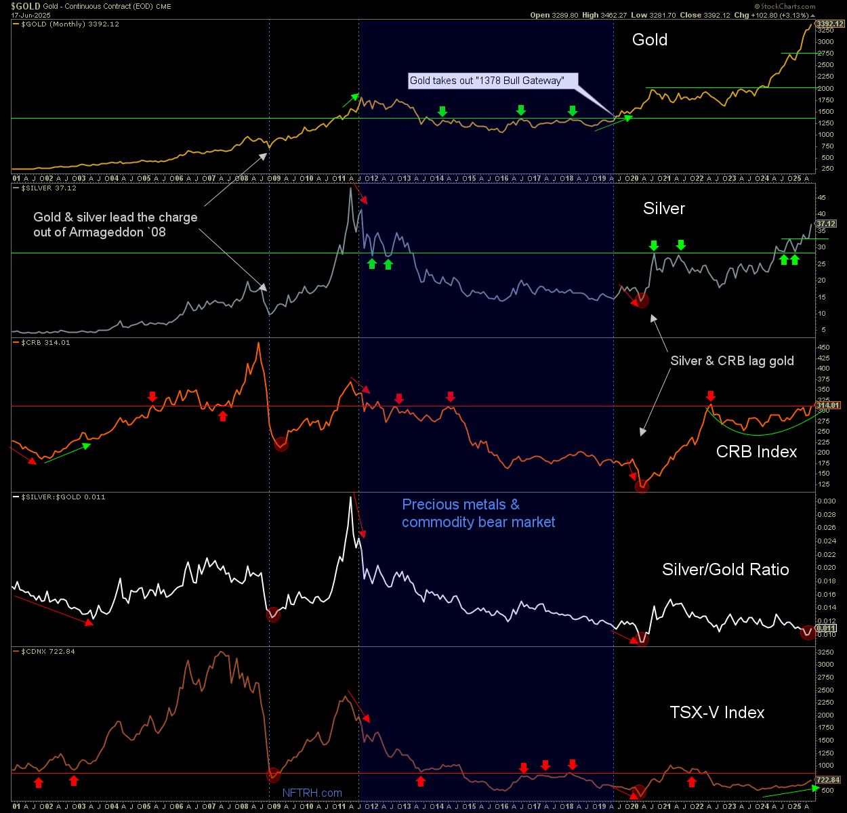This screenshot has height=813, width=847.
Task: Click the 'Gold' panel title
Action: point(649,40)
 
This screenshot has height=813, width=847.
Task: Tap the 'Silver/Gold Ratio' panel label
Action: point(725,570)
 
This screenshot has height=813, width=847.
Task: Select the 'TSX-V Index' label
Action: point(717,713)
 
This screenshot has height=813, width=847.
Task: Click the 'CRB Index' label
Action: point(756,452)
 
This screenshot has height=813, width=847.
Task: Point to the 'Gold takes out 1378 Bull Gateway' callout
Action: point(487,81)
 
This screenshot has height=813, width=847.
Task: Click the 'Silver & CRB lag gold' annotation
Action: point(732,361)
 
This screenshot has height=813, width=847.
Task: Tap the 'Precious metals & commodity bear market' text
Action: point(478,514)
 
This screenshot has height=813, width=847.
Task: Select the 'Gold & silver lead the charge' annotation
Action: point(115,225)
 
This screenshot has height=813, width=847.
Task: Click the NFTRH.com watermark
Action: point(312,793)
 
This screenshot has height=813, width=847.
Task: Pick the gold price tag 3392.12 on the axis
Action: point(829,24)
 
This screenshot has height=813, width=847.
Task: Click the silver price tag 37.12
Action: point(826,224)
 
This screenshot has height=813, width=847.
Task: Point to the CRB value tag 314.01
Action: point(827,405)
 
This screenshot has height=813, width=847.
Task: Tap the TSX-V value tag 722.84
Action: point(827,780)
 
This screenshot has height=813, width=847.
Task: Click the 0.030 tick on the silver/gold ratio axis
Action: point(827,501)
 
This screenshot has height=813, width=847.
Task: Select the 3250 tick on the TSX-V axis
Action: point(825,652)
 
